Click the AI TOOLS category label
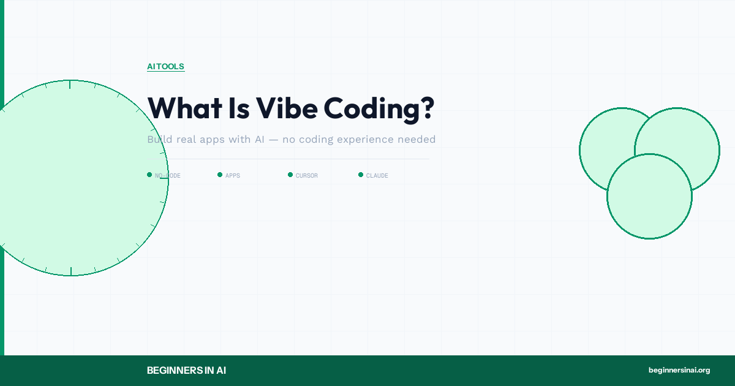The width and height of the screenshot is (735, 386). point(165,66)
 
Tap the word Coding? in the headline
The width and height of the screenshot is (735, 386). point(379,108)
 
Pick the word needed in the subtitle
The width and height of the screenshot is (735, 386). point(417,140)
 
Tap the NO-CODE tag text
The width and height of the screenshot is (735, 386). point(167,176)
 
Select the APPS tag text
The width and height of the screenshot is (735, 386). point(233,176)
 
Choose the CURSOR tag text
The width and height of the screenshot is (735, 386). point(306,176)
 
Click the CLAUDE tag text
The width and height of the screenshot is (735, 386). point(377,176)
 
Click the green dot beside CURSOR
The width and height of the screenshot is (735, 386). point(290,175)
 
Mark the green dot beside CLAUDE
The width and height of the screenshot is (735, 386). point(361,175)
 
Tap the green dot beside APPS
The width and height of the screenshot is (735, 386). point(220,175)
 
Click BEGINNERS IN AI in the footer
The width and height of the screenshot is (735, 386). point(187,370)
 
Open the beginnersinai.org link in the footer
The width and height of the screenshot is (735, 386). point(679,370)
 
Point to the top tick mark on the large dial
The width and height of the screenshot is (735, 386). point(70,84)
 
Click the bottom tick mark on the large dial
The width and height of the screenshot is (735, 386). point(71,271)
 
